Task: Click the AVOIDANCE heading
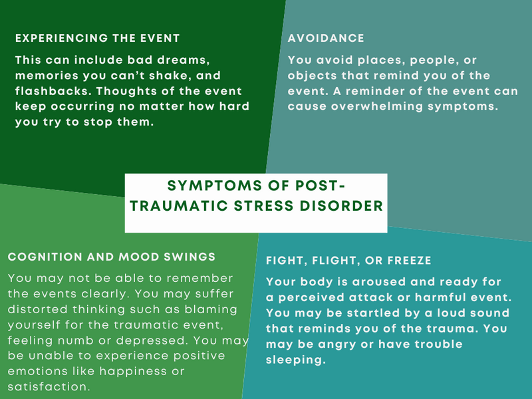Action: pos(326,38)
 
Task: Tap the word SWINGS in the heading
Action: pos(190,257)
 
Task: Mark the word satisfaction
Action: pos(49,387)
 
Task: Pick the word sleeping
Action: pos(296,360)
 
